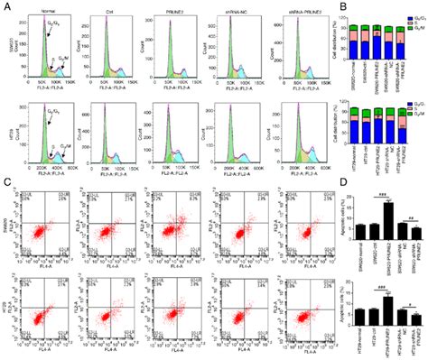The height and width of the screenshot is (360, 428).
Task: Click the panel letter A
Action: click(6, 6)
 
